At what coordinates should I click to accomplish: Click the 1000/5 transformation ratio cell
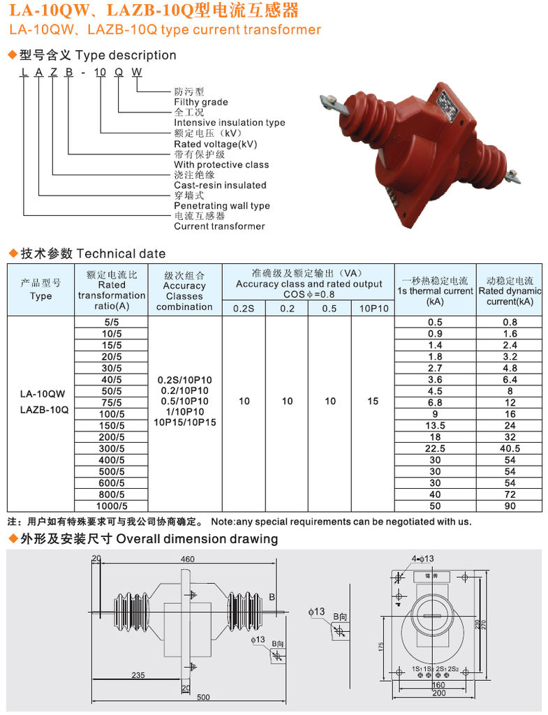tap(111, 506)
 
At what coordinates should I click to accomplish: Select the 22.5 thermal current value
tap(435, 448)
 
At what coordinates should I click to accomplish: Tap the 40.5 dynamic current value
tap(510, 448)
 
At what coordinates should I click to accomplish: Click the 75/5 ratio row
tap(111, 402)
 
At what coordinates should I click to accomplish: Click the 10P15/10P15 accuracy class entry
tap(184, 422)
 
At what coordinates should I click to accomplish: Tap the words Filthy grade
tap(201, 102)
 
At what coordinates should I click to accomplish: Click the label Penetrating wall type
tap(221, 205)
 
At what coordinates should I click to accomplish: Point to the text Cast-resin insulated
tap(220, 185)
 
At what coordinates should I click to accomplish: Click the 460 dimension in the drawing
tap(187, 559)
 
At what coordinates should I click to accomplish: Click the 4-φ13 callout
tap(422, 559)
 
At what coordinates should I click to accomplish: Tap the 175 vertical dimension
tap(383, 647)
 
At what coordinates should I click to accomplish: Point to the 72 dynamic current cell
tap(510, 494)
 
